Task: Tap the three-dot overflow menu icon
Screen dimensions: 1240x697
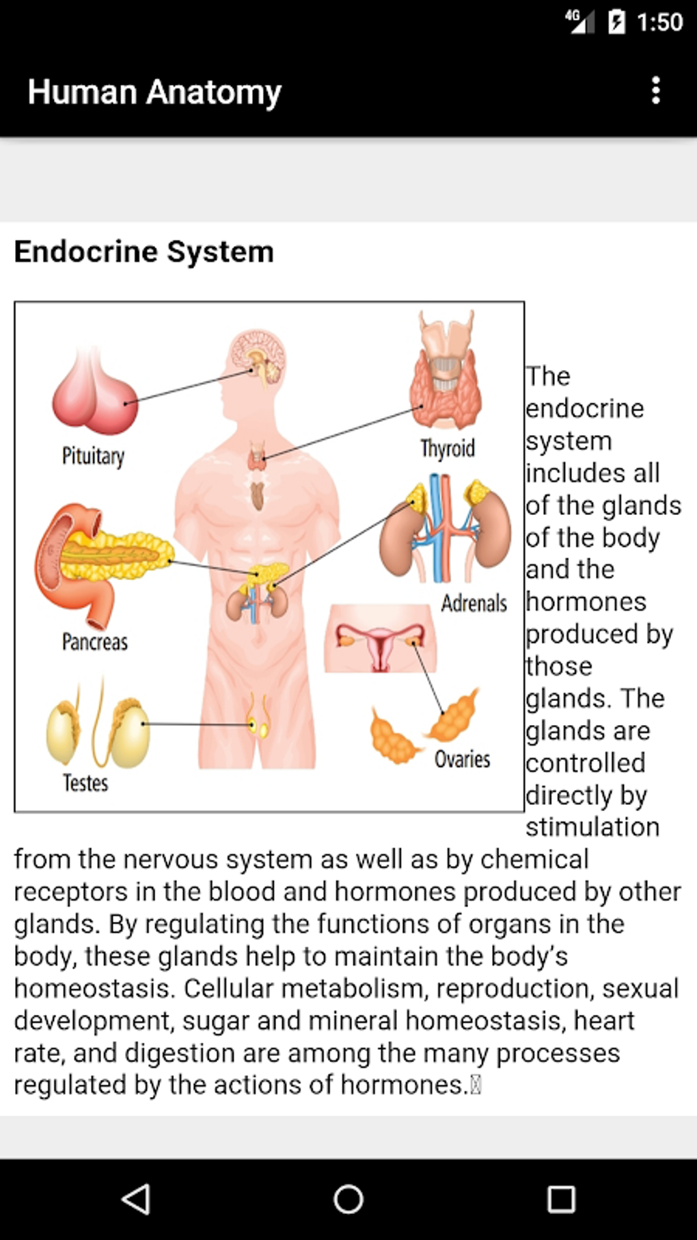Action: click(656, 91)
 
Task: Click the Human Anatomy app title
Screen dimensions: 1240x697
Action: click(154, 92)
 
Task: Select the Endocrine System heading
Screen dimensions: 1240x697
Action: click(143, 252)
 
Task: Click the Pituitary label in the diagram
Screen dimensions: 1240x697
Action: click(93, 456)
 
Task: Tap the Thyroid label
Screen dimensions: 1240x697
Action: click(448, 449)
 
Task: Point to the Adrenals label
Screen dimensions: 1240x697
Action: click(474, 603)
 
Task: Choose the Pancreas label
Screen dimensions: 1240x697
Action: click(95, 642)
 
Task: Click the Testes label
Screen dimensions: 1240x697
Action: click(85, 783)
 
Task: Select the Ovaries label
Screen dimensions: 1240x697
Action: click(463, 759)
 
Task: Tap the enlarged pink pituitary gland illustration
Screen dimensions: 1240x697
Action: click(96, 397)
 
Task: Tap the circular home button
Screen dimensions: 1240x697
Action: click(348, 1199)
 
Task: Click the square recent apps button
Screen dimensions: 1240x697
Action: click(561, 1199)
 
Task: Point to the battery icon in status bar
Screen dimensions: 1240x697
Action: click(616, 23)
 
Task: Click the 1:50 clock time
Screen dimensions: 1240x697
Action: click(659, 23)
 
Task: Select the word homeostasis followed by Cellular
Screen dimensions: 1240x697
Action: click(94, 989)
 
